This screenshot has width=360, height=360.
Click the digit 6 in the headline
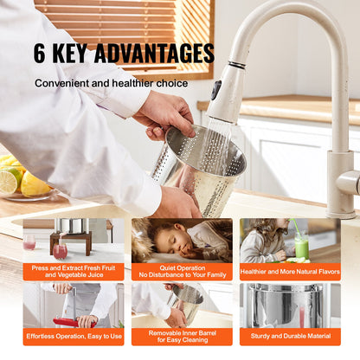pos(39,53)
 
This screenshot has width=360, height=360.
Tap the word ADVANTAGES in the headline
pos(154,53)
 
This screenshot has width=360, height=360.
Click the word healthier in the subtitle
pos(132,83)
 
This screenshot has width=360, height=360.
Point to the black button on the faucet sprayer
pos(216,89)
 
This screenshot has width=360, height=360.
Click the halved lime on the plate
pos(9,181)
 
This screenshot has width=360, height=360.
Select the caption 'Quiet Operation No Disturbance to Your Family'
pos(183,272)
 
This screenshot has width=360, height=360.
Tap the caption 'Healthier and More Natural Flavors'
pos(290,272)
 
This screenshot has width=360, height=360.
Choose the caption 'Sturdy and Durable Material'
pos(291,336)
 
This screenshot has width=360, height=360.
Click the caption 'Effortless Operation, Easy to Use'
pos(74,336)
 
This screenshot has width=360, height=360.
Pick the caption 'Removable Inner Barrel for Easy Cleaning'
pos(183,337)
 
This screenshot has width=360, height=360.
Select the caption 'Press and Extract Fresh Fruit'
pos(74,268)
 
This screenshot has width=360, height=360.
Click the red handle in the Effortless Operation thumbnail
pos(74,323)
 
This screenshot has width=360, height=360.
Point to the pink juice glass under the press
pos(60,251)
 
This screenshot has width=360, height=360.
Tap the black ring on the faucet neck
pos(237,65)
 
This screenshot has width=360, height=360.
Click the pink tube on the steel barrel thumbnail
pos(302,318)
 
